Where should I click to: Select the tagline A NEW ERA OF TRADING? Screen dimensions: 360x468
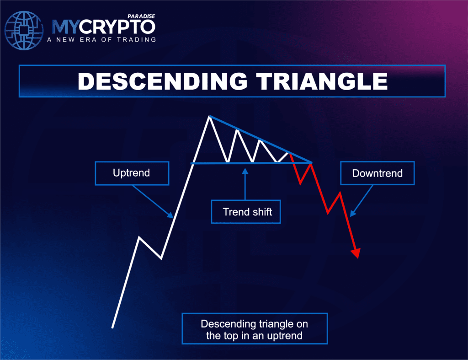(x=101, y=40)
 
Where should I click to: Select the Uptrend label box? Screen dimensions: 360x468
(x=132, y=173)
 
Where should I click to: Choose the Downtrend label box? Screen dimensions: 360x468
(x=377, y=173)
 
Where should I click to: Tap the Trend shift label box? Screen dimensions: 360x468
(x=245, y=212)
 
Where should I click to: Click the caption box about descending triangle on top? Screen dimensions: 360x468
(x=255, y=329)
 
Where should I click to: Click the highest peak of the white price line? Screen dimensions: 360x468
(x=209, y=117)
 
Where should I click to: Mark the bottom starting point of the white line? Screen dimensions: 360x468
(x=112, y=327)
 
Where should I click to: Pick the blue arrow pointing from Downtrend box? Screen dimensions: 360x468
(x=360, y=203)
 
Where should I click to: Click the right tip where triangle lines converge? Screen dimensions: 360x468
(x=312, y=162)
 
